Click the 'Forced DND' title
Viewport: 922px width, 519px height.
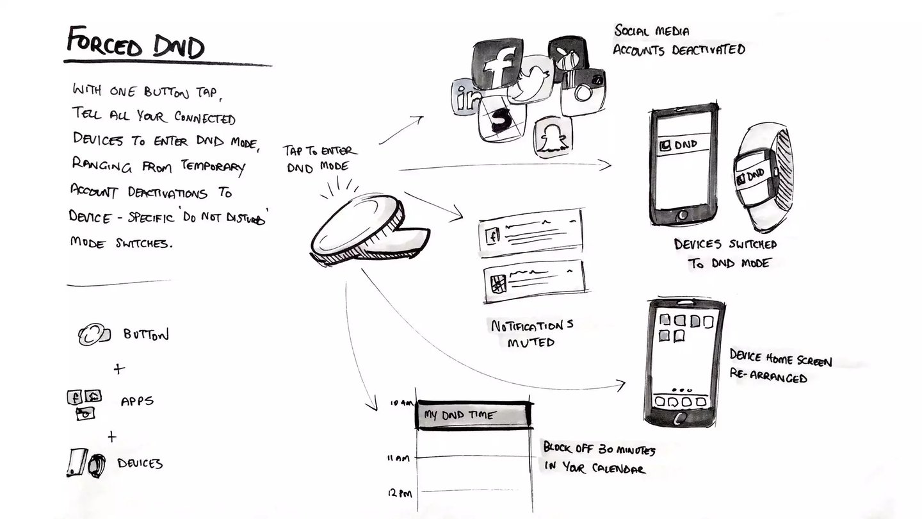pyautogui.click(x=135, y=44)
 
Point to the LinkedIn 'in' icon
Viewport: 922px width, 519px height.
pyautogui.click(x=465, y=98)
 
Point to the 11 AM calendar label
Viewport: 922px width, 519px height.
pyautogui.click(x=398, y=458)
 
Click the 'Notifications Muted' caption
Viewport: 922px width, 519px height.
pyautogui.click(x=531, y=333)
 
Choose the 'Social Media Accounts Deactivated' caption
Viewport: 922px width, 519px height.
pyautogui.click(x=678, y=40)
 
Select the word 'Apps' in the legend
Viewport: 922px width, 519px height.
pyautogui.click(x=137, y=402)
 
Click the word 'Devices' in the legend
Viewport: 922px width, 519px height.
pyautogui.click(x=140, y=463)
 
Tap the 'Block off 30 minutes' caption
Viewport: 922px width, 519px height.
pyautogui.click(x=598, y=457)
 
